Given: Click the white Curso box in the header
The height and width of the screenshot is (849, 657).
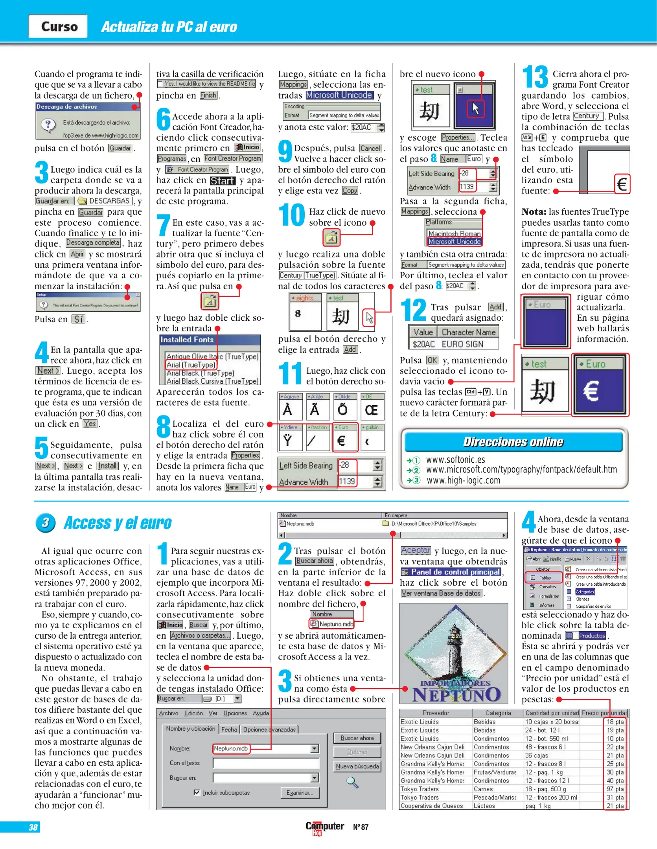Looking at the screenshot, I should (58, 26).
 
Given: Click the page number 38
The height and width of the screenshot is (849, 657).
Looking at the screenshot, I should (33, 827).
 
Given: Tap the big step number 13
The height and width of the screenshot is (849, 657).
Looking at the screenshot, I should (535, 77).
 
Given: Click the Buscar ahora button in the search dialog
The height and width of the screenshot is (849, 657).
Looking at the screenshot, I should (357, 738).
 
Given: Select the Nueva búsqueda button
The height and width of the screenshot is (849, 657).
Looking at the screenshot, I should (357, 766).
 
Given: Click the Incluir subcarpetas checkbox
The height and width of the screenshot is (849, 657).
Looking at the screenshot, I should (197, 792).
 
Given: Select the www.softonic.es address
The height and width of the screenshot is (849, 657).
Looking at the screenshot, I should (455, 460).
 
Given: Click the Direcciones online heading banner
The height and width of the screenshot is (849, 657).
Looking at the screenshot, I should (513, 442).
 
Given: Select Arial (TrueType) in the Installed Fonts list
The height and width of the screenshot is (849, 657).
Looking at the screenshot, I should (191, 365).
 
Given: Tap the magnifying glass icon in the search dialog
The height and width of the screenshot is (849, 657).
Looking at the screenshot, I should (352, 782).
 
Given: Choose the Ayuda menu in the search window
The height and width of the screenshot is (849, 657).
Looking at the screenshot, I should (261, 713).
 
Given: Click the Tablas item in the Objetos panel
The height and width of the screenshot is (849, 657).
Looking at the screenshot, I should (544, 578).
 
